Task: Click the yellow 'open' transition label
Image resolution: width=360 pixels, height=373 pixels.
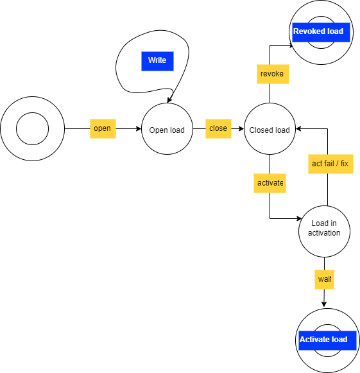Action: click(x=103, y=128)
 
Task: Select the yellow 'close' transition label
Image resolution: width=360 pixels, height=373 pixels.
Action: click(x=218, y=128)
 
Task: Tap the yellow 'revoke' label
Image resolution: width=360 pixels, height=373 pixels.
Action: click(x=273, y=74)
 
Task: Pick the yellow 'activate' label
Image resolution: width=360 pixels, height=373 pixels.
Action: click(x=270, y=183)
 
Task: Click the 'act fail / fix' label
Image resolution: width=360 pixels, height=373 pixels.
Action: click(x=330, y=164)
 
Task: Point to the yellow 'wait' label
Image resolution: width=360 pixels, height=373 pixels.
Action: click(x=324, y=279)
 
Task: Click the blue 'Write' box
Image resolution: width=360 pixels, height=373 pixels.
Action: click(x=157, y=61)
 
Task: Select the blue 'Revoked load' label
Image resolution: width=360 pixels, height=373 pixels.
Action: click(x=321, y=32)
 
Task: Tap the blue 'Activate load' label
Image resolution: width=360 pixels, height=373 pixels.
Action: click(x=327, y=340)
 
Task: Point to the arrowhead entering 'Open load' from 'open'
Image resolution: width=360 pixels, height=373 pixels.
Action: click(x=139, y=128)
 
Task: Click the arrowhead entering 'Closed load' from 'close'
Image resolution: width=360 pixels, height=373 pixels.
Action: click(x=241, y=128)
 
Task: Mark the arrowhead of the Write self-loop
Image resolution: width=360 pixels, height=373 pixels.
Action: click(x=169, y=100)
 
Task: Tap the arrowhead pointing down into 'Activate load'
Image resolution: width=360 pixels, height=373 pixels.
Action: click(x=324, y=304)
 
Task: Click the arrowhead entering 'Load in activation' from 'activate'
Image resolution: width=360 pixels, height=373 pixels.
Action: click(x=299, y=218)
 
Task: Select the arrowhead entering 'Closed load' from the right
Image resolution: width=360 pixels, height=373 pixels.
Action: click(x=298, y=128)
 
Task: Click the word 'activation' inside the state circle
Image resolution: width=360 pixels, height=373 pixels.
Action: click(x=324, y=233)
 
